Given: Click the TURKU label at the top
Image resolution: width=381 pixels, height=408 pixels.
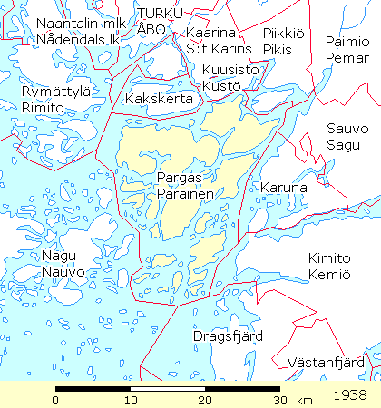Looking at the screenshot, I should (x=160, y=12).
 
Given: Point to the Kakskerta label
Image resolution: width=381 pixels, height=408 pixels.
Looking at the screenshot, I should (x=159, y=97).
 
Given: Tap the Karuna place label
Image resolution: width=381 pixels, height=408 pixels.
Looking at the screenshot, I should (x=284, y=188).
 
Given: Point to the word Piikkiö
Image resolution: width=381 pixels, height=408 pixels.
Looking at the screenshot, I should (x=282, y=33).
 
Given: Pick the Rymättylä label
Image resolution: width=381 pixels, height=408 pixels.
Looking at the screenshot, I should (x=55, y=92).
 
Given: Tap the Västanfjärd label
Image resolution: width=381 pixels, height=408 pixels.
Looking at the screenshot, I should (x=325, y=363).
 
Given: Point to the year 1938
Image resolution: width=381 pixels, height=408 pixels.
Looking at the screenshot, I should (x=350, y=396).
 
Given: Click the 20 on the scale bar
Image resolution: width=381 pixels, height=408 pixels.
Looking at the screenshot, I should (x=205, y=400).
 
